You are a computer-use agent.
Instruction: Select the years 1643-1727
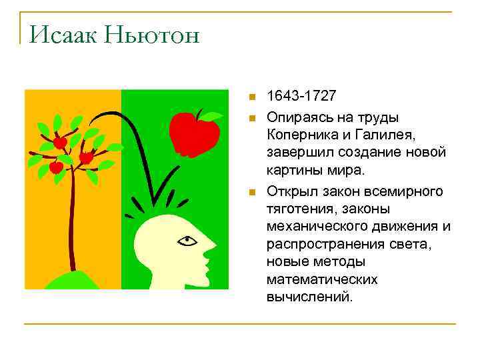click(x=301, y=97)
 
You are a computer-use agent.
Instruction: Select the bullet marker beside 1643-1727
click(x=251, y=97)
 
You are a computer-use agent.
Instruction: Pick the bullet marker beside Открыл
click(x=251, y=193)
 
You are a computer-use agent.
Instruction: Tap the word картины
click(x=291, y=170)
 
